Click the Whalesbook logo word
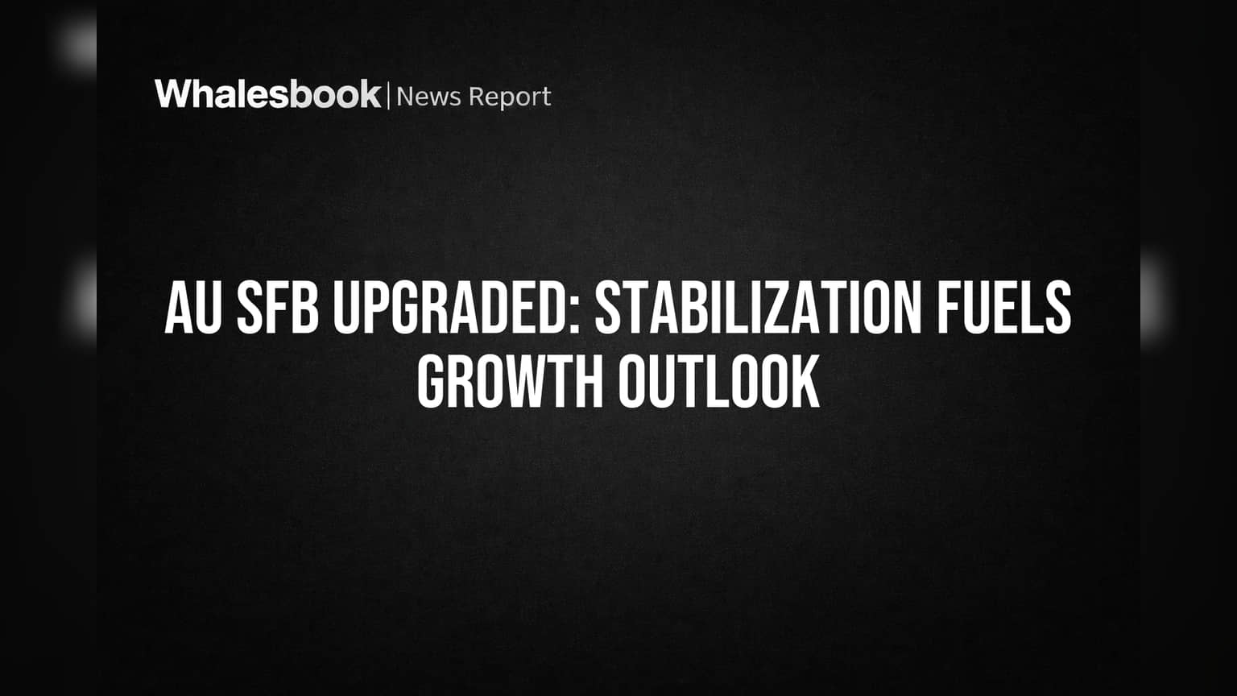268,94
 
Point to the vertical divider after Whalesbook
388,96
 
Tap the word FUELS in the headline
1003,307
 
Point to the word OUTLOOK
718,381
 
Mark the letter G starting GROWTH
432,381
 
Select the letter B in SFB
305,307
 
